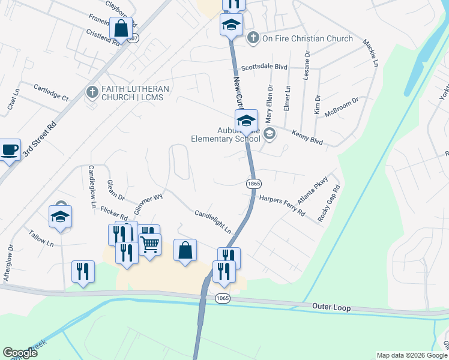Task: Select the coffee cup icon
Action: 9,150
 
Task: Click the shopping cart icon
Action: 150,244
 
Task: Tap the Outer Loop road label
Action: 331,307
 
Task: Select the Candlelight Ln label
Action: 212,221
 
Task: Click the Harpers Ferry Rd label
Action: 282,205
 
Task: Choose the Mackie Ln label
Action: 370,53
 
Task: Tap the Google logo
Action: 20,353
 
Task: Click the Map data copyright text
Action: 411,355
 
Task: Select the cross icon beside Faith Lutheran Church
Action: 92,92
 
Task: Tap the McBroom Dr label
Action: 341,108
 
